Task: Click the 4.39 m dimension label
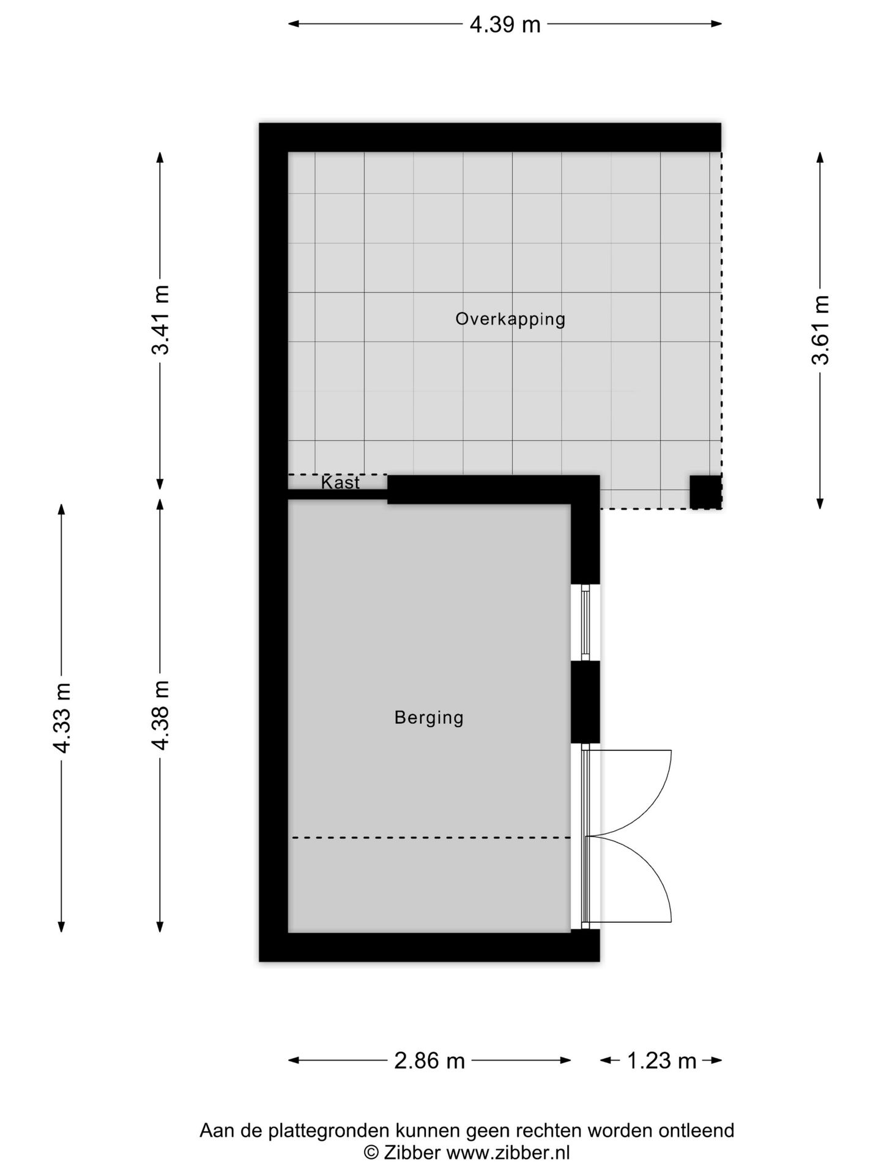(505, 24)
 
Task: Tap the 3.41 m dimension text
(161, 320)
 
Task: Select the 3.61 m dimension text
(820, 330)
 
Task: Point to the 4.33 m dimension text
(62, 718)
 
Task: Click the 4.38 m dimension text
(161, 715)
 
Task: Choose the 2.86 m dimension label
(429, 1061)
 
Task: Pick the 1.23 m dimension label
(661, 1061)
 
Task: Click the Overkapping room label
(510, 319)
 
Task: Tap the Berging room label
(429, 717)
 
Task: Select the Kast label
(340, 483)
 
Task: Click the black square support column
(705, 491)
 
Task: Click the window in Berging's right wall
(585, 622)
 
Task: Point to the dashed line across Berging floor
(430, 837)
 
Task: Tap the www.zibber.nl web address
(508, 1153)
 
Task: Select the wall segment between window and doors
(585, 703)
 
